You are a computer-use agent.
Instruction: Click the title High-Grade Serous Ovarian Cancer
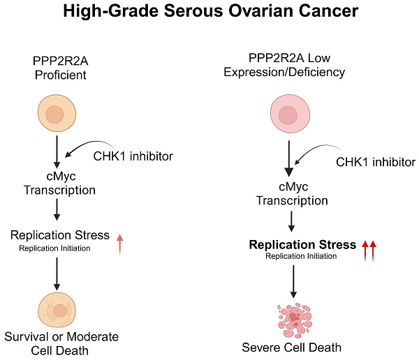[x=209, y=12]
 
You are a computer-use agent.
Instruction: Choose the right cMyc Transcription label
[x=292, y=193]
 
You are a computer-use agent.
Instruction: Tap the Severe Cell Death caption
[x=292, y=348]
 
